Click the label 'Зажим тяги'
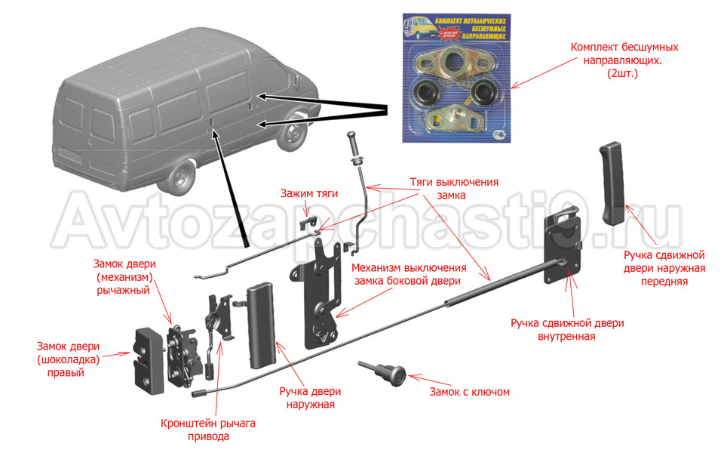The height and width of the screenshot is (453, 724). (308, 194)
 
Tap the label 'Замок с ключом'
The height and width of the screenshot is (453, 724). (469, 392)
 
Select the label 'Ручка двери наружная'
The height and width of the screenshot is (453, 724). (310, 398)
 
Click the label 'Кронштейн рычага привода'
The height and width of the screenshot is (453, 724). (207, 429)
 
